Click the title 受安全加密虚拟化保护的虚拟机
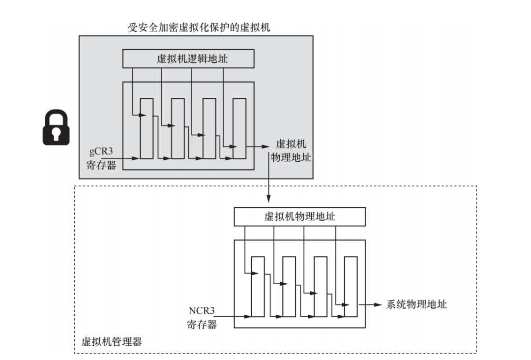199,27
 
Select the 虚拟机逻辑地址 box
188,60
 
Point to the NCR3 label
202,311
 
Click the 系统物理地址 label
416,304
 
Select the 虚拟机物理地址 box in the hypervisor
299,216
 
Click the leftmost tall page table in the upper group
147,128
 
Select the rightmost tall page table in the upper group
239,128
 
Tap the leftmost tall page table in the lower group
258,287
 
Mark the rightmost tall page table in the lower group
351,287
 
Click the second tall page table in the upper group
177,128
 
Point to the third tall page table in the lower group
321,287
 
